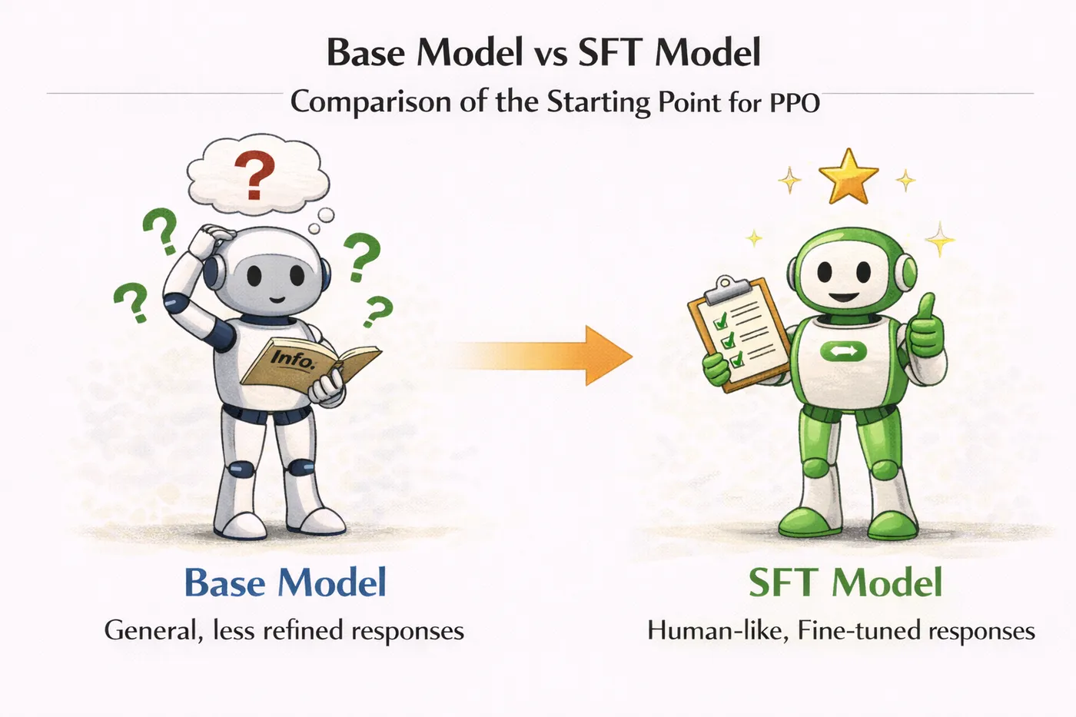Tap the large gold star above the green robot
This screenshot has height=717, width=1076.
click(x=849, y=177)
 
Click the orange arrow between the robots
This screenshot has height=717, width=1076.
click(x=543, y=356)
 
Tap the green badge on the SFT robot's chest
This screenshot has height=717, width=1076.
click(x=844, y=351)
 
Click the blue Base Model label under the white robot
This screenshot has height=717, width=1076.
click(x=285, y=583)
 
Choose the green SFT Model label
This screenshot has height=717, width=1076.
click(x=845, y=583)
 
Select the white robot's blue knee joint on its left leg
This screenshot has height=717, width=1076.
click(x=241, y=469)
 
